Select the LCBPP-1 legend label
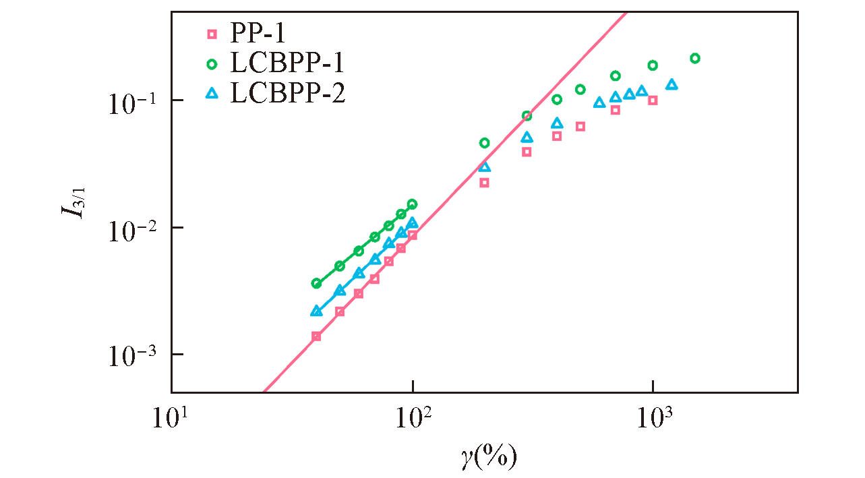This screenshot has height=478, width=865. coord(288,63)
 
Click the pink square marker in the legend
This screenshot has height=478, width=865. coord(212,33)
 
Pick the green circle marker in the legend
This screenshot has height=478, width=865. coord(212,64)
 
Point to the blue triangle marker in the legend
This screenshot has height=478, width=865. coord(212,94)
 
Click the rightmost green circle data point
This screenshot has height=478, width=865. coord(695,59)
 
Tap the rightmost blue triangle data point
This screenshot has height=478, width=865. coord(672,84)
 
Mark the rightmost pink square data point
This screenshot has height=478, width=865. coord(653,100)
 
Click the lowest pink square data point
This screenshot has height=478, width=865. coord(316,336)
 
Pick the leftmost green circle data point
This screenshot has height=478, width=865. coord(316,283)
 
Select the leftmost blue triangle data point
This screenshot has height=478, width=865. coord(316,311)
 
